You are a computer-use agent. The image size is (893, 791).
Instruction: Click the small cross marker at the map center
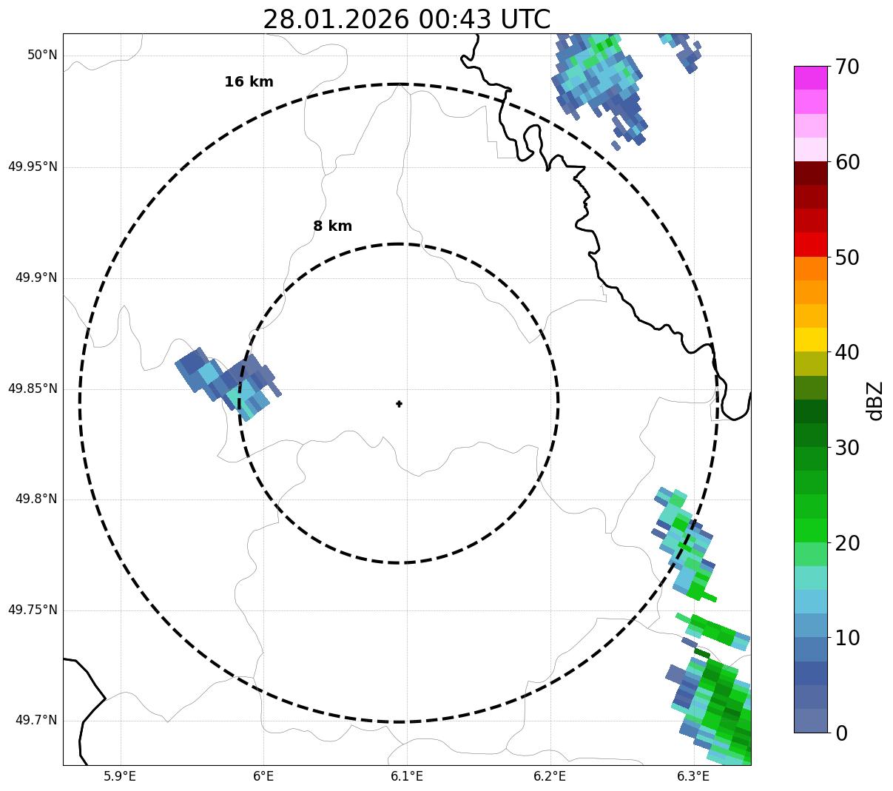pos(399,404)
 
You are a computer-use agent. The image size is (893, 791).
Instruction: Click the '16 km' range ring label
pos(249,82)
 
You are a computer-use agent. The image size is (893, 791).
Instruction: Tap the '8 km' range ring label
pos(332,226)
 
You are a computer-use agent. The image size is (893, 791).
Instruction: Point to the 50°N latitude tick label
pos(42,55)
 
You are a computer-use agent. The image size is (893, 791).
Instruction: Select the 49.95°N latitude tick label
pos(33,166)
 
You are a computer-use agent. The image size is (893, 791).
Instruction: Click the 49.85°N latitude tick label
pos(33,388)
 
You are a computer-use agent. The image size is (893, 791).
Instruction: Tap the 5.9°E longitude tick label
pos(120,776)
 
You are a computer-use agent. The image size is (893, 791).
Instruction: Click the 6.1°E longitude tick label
pos(407,776)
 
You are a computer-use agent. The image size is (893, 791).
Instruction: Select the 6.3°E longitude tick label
pos(693,776)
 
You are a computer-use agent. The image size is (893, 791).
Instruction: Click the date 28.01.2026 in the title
pos(335,19)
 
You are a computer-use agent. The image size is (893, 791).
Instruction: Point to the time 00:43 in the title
pos(454,19)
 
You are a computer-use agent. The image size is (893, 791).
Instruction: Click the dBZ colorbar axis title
pos(876,400)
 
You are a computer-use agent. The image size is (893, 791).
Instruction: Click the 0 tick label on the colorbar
pos(841,733)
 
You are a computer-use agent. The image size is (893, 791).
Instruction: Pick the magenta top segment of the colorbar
pos(811,78)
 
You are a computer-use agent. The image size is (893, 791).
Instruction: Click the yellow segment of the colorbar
pos(811,340)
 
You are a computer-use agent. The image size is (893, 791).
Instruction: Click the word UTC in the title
pos(525,19)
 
